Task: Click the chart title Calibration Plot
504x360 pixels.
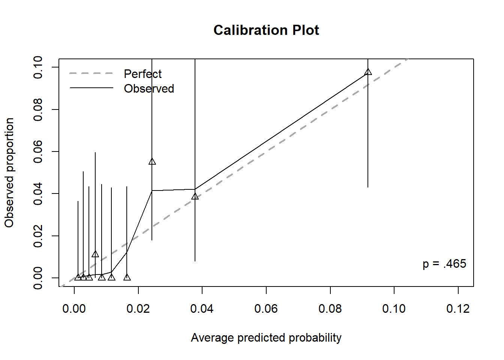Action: click(x=266, y=30)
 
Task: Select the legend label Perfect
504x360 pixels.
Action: click(x=142, y=74)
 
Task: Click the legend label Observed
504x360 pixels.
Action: click(x=149, y=88)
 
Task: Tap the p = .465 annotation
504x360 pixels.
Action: click(x=444, y=264)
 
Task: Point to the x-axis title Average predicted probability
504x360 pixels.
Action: click(x=266, y=337)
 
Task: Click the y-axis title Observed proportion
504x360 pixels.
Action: click(x=9, y=172)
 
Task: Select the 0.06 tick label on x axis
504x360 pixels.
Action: click(x=266, y=309)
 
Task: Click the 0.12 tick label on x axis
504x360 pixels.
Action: click(x=458, y=309)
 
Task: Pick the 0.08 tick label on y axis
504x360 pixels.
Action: click(x=38, y=109)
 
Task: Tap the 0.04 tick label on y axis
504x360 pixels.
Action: click(x=38, y=194)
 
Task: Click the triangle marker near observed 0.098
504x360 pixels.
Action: click(x=368, y=72)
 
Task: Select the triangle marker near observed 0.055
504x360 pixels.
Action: click(x=152, y=162)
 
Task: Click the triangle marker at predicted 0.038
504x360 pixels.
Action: click(x=195, y=196)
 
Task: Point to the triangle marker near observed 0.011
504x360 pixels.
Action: click(x=95, y=254)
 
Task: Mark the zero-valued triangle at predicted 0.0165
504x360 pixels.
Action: click(x=127, y=277)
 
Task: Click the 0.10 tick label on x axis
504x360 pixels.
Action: click(x=394, y=309)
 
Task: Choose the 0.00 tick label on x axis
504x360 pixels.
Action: click(x=74, y=309)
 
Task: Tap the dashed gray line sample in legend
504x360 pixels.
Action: click(x=91, y=73)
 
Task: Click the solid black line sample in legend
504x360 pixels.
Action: click(x=91, y=88)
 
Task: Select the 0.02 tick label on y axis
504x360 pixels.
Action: click(x=38, y=236)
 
